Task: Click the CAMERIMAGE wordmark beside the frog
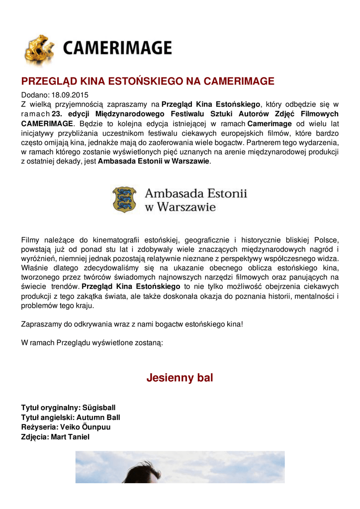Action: (117, 48)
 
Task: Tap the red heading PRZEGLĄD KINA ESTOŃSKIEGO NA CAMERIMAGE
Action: (148, 82)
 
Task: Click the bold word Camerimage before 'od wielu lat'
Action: (269, 123)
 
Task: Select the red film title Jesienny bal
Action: (180, 378)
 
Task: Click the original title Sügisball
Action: (99, 408)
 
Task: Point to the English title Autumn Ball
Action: (98, 418)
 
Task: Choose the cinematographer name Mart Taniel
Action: (70, 437)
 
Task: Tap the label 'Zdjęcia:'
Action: (35, 437)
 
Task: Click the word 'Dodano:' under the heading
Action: (35, 95)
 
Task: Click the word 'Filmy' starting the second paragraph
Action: (30, 241)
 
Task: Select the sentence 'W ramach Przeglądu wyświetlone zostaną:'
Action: (92, 343)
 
